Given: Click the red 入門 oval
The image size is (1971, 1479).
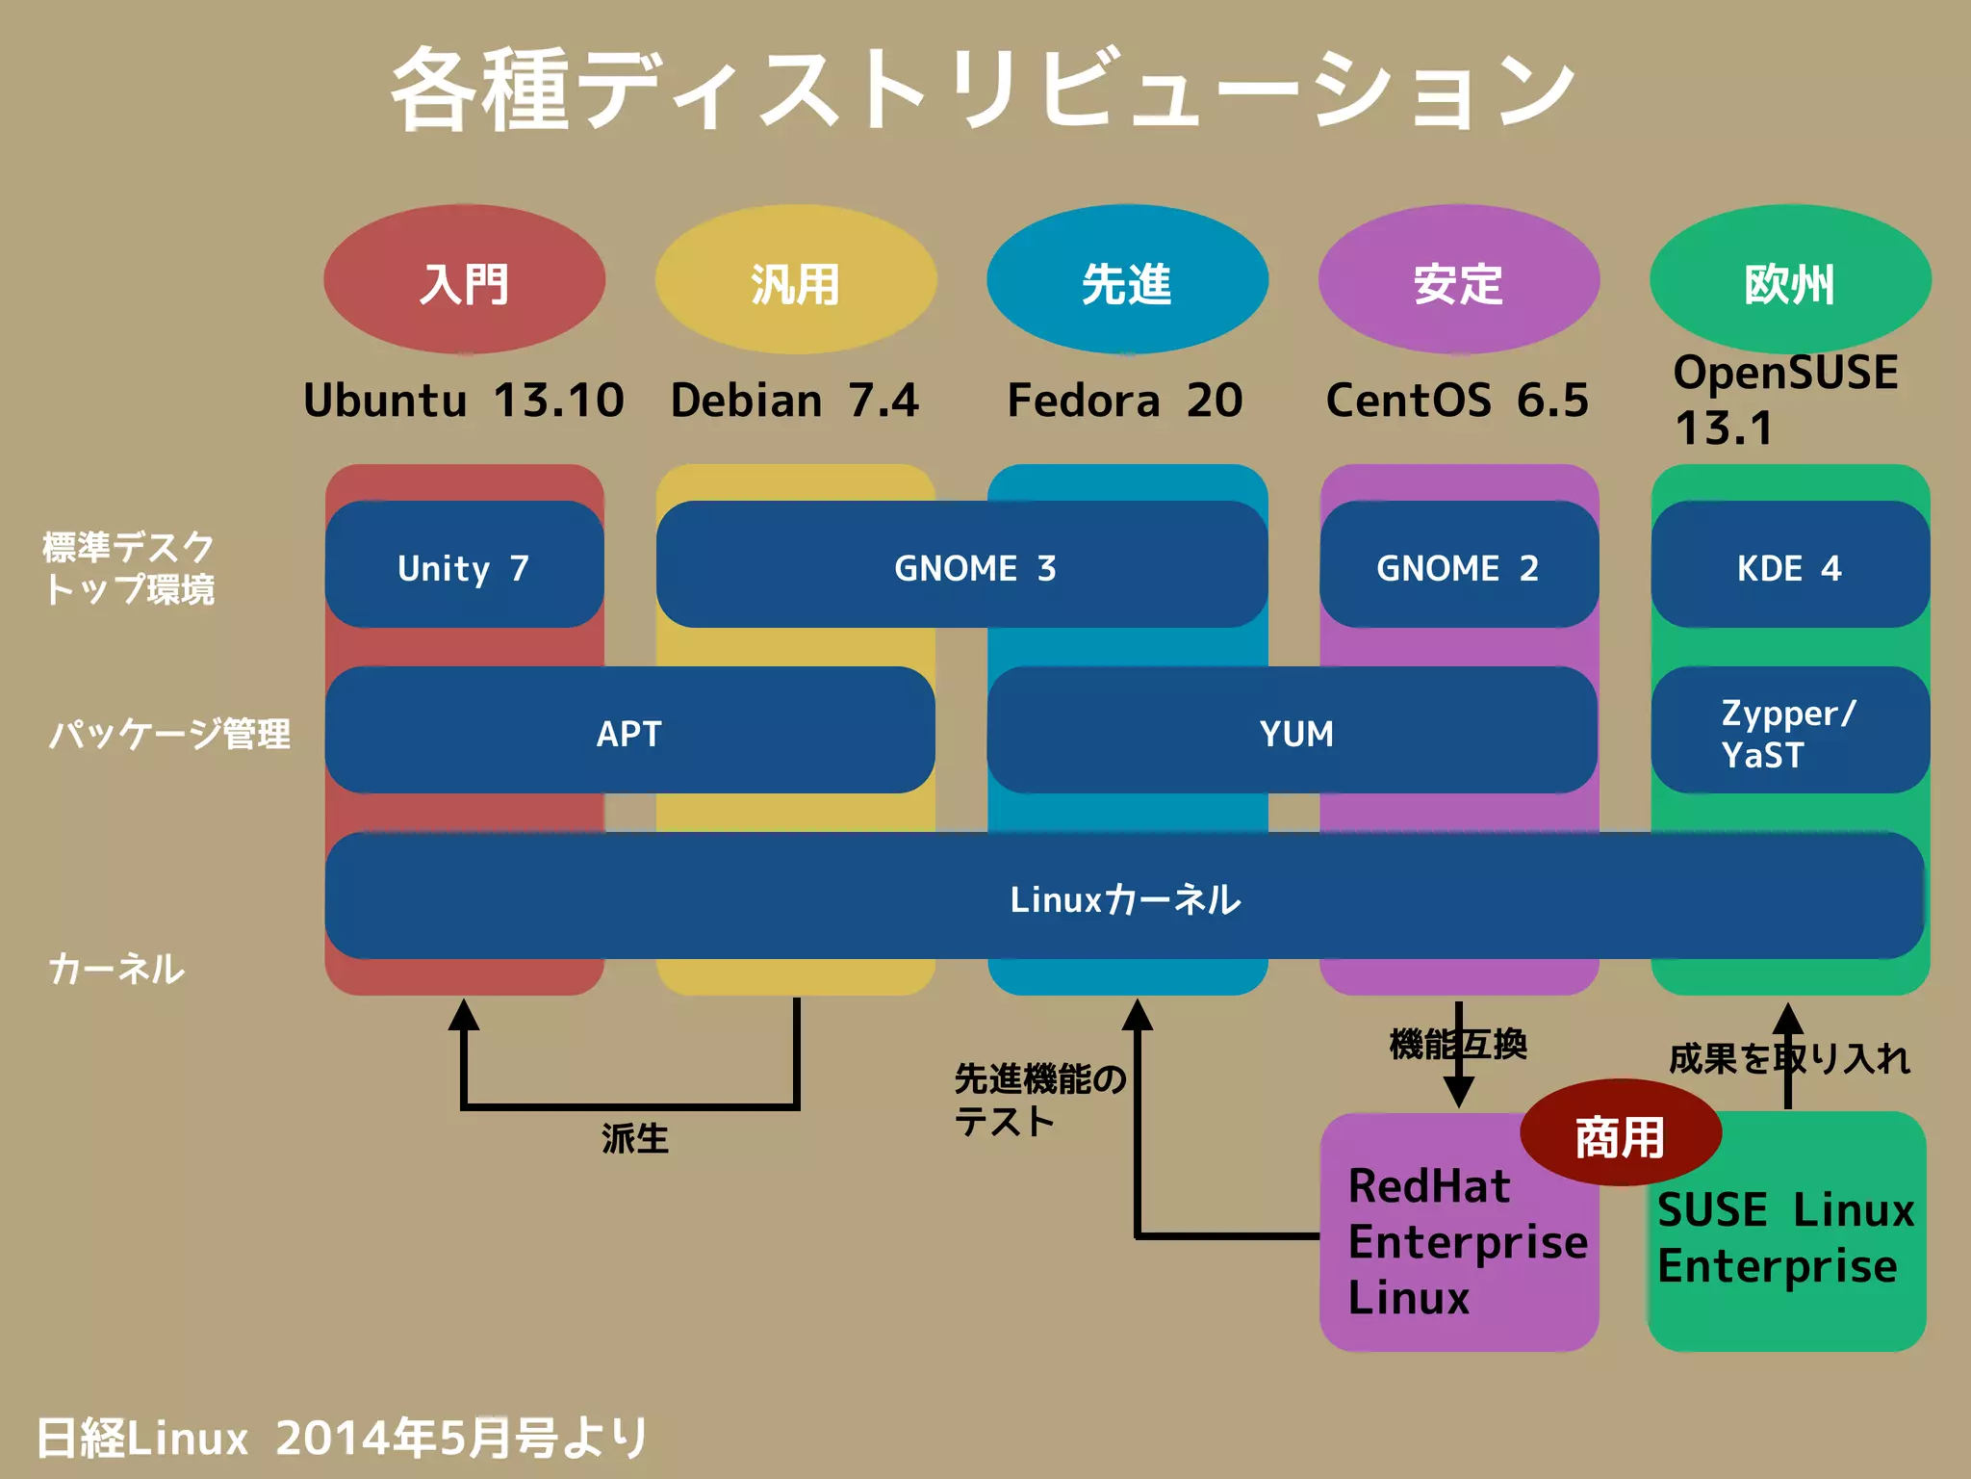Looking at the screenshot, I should tap(464, 281).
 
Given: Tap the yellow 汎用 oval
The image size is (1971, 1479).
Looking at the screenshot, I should tap(795, 281).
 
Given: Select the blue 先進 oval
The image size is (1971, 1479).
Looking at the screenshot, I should tap(1127, 281).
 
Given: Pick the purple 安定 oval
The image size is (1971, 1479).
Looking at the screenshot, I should tap(1458, 281).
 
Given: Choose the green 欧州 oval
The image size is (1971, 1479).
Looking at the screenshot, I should tap(1789, 281).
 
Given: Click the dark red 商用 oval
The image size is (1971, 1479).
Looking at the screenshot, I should tap(1620, 1134).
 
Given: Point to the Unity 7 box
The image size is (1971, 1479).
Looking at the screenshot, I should tap(464, 565).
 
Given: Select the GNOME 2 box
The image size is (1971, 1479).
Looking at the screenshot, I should tap(1458, 565).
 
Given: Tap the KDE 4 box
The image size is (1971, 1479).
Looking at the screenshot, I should tap(1789, 565).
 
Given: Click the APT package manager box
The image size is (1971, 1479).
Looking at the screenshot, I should tap(629, 731).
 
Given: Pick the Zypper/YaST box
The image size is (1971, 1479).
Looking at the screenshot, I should tap(1789, 731).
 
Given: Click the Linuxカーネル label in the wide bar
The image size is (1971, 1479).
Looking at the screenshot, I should tap(1124, 898).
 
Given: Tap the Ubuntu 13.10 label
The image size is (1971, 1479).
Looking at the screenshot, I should tap(464, 401).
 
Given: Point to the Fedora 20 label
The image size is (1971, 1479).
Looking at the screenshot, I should tap(1124, 401).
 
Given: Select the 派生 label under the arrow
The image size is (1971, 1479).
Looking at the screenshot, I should tap(634, 1138).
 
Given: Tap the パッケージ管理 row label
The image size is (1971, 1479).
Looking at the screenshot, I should tap(169, 734).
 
